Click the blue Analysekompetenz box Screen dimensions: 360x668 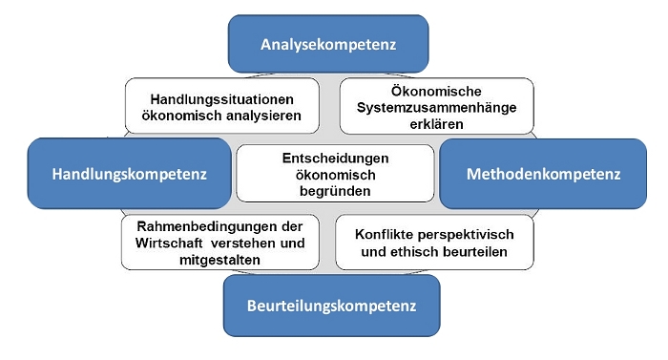point(328,44)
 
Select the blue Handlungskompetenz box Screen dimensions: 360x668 point(130,174)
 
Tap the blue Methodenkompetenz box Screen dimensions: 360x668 point(542,174)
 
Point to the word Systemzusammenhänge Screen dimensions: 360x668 point(428,108)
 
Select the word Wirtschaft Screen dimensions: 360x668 point(166,243)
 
